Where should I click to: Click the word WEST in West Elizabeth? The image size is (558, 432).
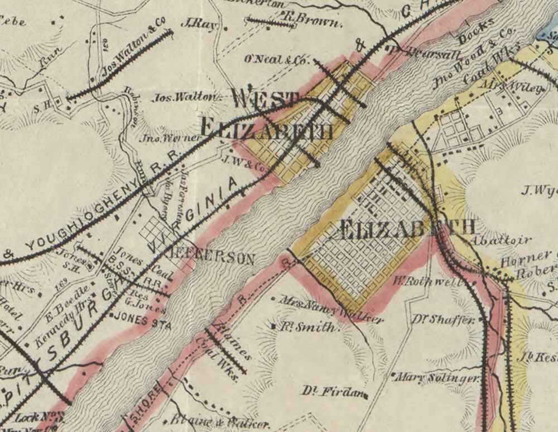coord(265,99)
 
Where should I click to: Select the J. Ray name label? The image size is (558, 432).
coord(198,24)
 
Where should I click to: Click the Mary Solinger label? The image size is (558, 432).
coord(439,378)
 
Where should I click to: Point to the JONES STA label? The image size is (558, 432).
coord(139,321)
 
